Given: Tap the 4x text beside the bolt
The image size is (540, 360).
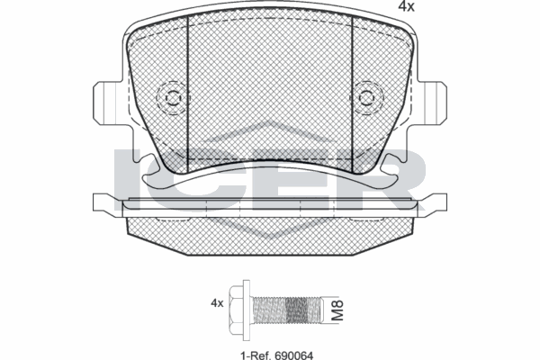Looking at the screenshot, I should pyautogui.click(x=217, y=302).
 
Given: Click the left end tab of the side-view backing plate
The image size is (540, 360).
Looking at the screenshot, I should pyautogui.click(x=106, y=202).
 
